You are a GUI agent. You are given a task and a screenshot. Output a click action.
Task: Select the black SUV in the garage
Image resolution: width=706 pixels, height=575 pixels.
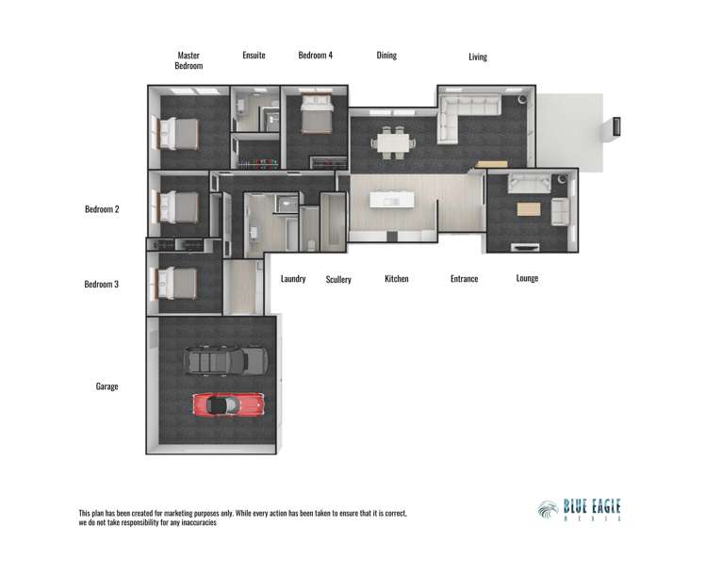[x=226, y=360]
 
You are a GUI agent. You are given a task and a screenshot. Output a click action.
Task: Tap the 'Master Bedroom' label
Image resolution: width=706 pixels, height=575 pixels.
[x=189, y=60]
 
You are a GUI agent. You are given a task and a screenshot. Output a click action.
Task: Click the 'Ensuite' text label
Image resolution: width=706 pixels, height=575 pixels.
[x=254, y=56]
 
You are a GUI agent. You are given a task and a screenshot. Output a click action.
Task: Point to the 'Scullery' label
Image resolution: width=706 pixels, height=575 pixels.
[x=338, y=280]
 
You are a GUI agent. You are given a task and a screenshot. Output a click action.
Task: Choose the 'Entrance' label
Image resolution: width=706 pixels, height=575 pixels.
[x=464, y=279]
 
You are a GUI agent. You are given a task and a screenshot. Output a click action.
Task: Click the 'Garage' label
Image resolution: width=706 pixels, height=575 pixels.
[x=107, y=386]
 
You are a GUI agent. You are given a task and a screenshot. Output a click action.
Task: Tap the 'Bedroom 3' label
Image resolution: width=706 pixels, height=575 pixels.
[x=102, y=284]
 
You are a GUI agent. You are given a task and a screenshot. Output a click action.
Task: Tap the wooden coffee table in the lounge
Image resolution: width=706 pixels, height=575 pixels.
[x=529, y=209]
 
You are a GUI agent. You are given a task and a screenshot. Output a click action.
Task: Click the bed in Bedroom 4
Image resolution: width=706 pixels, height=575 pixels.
[x=315, y=119]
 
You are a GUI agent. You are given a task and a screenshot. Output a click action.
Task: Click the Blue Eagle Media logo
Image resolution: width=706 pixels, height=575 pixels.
[x=580, y=510]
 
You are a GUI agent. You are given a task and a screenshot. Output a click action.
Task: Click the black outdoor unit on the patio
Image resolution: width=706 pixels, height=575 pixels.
[x=617, y=125]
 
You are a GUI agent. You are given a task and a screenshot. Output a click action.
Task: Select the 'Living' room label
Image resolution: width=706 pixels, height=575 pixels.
[x=478, y=57]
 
